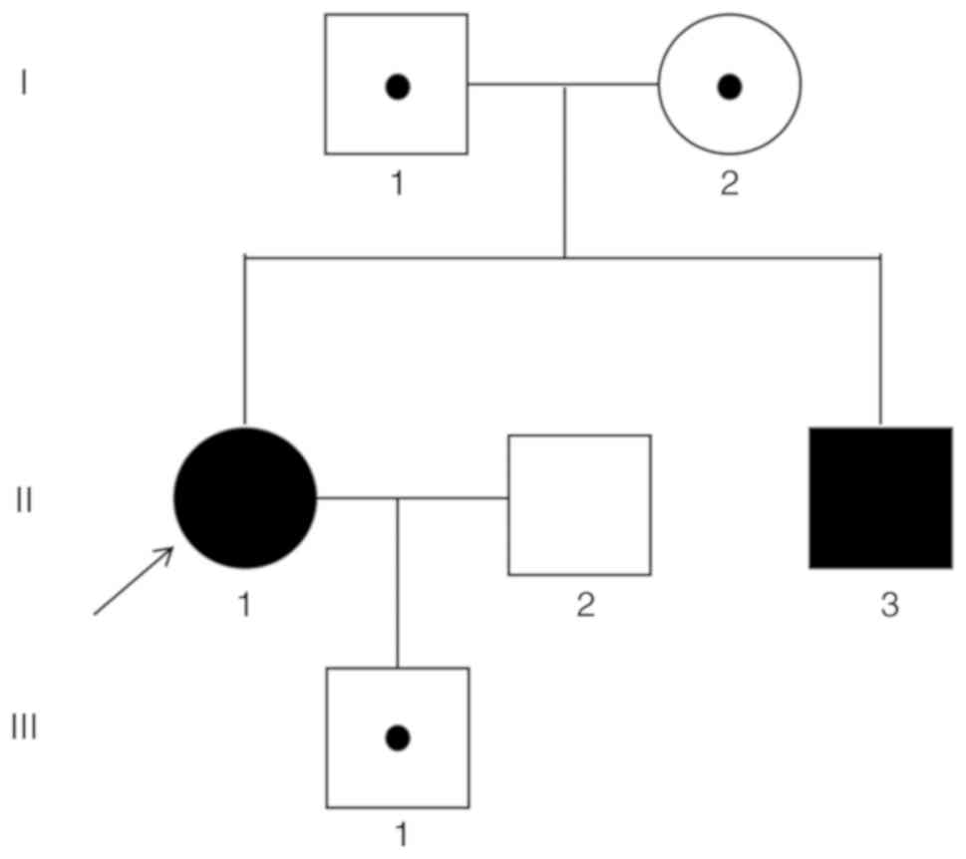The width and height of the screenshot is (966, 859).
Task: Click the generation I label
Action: tap(24, 84)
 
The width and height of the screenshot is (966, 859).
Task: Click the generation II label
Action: tap(24, 498)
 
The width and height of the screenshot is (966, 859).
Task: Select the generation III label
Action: tap(24, 728)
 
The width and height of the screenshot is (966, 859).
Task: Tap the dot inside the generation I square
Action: tap(398, 87)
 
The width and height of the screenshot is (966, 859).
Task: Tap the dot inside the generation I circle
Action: tap(730, 87)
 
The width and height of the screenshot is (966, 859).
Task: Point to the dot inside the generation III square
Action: tap(398, 737)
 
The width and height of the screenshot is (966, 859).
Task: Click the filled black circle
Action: tap(245, 497)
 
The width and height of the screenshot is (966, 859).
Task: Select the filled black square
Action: tap(880, 497)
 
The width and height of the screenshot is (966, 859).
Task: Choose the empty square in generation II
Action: tap(579, 504)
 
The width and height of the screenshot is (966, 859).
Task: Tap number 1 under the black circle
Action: tap(245, 605)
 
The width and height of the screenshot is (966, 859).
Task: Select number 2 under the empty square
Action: tap(584, 605)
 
